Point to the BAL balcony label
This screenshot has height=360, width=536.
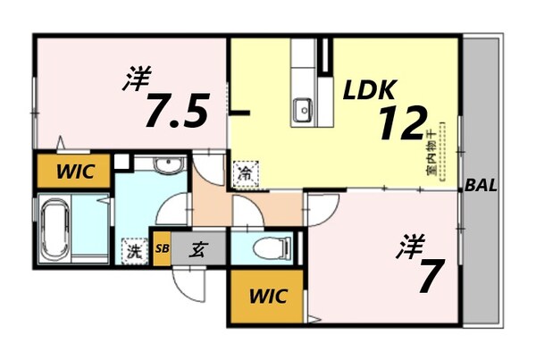click(x=482, y=187)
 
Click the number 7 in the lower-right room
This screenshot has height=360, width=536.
click(x=427, y=276)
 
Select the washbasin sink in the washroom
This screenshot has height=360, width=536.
click(x=164, y=167)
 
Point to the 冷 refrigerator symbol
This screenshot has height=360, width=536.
click(x=243, y=173)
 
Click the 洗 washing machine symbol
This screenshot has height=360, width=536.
click(x=134, y=251)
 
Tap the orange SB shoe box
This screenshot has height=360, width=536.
click(x=162, y=249)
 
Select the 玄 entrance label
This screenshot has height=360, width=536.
click(x=195, y=250)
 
